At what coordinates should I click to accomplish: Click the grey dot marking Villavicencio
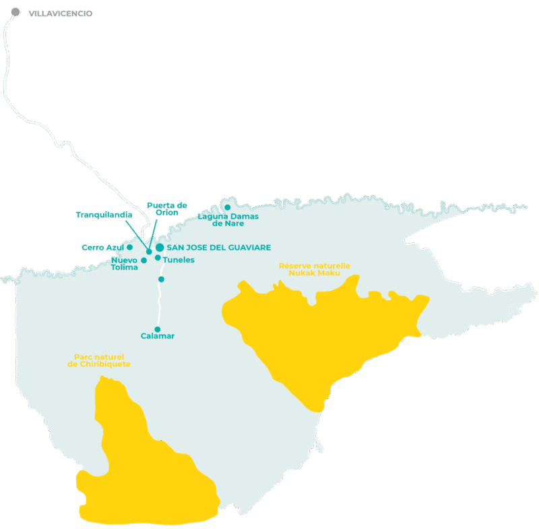[15, 12]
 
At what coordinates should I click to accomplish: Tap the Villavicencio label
[61, 13]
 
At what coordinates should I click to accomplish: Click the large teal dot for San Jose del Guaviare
[160, 248]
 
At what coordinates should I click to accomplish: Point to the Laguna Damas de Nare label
[223, 219]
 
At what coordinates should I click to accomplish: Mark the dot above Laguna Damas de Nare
[227, 207]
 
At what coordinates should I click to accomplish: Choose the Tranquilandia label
[104, 215]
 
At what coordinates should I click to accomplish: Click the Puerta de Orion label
[166, 208]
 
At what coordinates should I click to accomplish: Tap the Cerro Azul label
[102, 247]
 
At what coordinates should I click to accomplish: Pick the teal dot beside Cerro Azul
[129, 247]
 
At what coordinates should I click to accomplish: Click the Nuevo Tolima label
[124, 264]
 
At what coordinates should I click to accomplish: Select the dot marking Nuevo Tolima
[144, 260]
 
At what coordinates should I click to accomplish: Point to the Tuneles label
[179, 260]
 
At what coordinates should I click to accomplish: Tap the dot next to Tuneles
[158, 258]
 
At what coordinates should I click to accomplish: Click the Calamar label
[158, 336]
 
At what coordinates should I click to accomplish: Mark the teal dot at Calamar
[158, 329]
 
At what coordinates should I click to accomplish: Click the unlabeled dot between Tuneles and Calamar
[161, 279]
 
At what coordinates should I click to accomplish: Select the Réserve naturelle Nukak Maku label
[314, 269]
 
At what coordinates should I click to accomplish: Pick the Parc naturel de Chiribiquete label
[99, 360]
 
